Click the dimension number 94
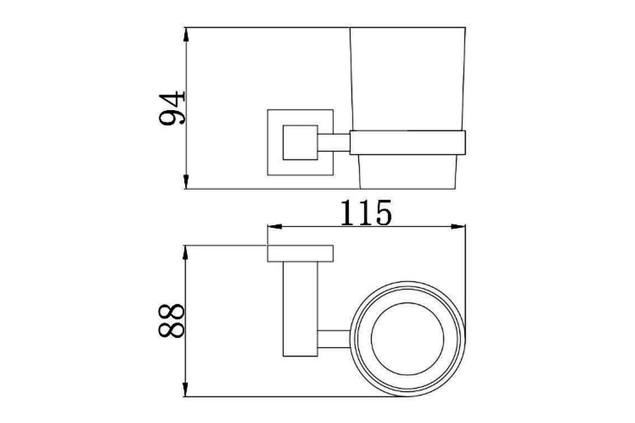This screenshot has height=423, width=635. click(x=172, y=108)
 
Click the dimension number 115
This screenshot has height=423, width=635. click(x=365, y=214)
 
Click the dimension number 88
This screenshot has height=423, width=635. click(x=171, y=321)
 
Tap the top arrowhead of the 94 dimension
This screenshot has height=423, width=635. click(x=186, y=35)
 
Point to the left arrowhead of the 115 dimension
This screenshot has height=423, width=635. click(x=275, y=227)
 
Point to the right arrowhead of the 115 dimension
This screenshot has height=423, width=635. click(x=458, y=227)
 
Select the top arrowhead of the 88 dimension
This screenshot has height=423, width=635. click(x=186, y=253)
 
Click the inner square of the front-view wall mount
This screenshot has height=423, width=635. click(x=300, y=143)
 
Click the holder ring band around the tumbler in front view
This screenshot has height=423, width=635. click(x=408, y=143)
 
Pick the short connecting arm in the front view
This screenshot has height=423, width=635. click(x=334, y=143)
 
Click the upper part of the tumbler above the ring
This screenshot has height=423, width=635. click(x=408, y=78)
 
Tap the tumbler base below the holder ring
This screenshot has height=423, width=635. click(x=408, y=172)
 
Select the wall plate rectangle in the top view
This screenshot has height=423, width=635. click(x=300, y=254)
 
